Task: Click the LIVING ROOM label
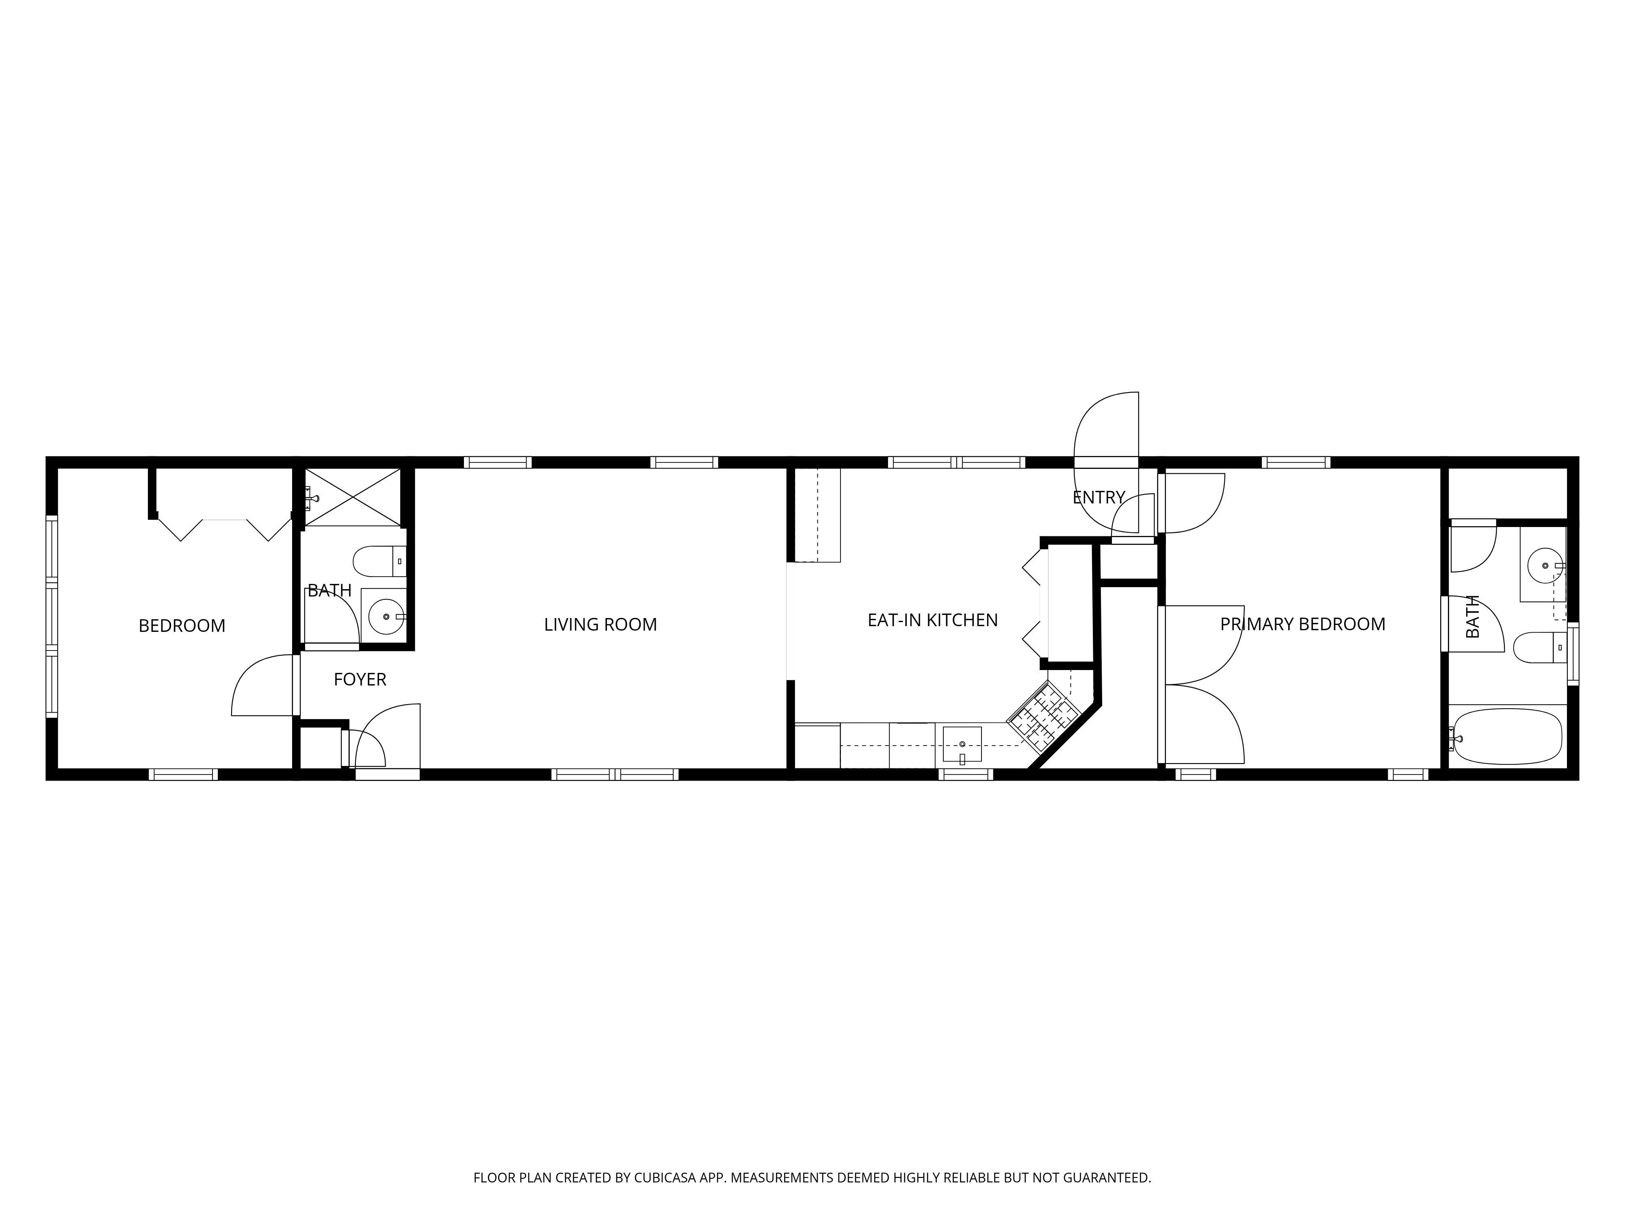(600, 625)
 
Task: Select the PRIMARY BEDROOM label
(1302, 624)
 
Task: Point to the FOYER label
(360, 680)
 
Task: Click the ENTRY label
(1099, 497)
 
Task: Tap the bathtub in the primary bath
(1508, 736)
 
